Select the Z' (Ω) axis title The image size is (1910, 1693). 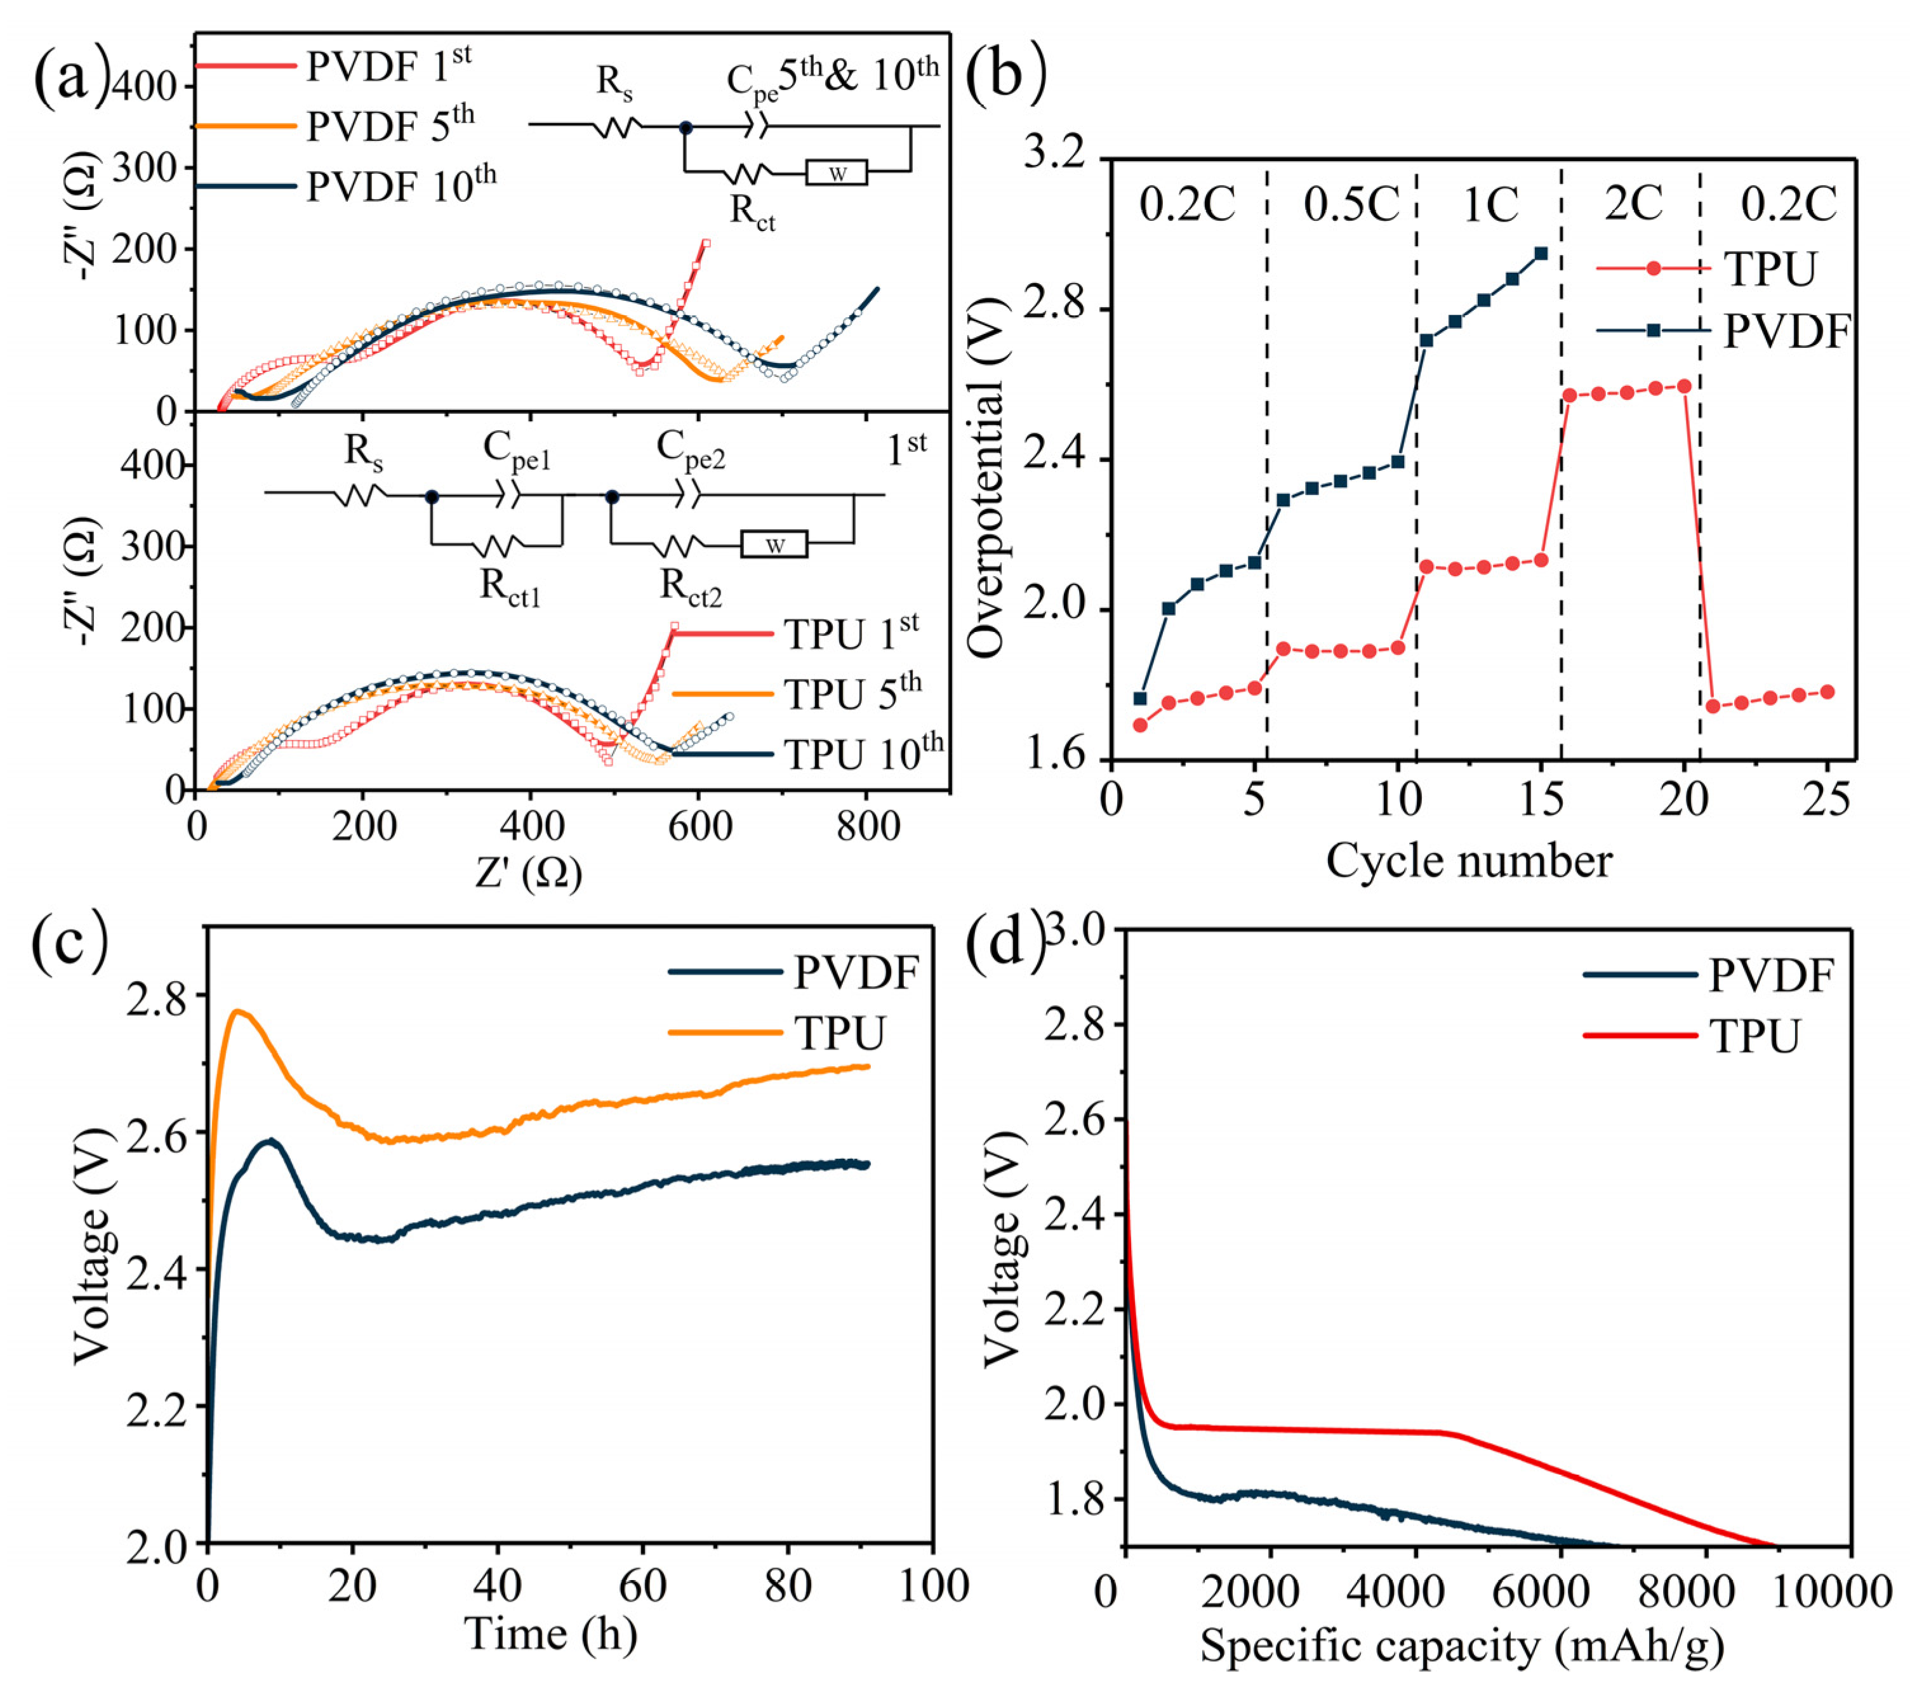[x=528, y=874]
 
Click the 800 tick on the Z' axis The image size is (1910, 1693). [x=867, y=826]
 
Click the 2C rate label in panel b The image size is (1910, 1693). [x=1633, y=203]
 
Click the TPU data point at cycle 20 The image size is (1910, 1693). [x=1684, y=386]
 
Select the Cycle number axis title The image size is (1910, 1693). [x=1468, y=860]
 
